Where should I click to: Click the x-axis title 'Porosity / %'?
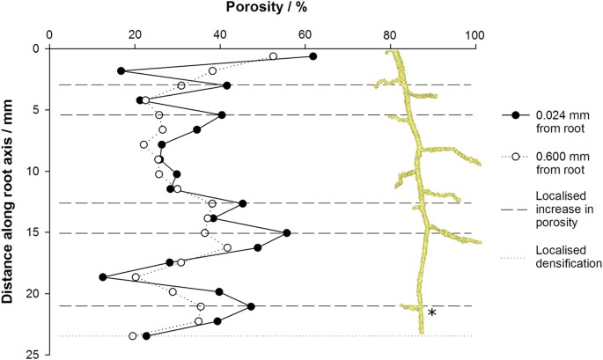pos(262,9)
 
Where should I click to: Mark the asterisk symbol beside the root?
pos(431,313)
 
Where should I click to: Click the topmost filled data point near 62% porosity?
pos(313,56)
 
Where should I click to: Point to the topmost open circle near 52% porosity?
pos(273,56)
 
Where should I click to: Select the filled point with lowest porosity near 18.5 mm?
pos(103,277)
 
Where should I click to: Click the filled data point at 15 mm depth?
pos(287,233)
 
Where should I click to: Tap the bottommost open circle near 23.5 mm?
pos(133,336)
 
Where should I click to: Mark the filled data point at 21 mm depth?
pos(251,306)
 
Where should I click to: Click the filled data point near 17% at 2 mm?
pos(121,70)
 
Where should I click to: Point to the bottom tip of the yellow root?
pos(421,334)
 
